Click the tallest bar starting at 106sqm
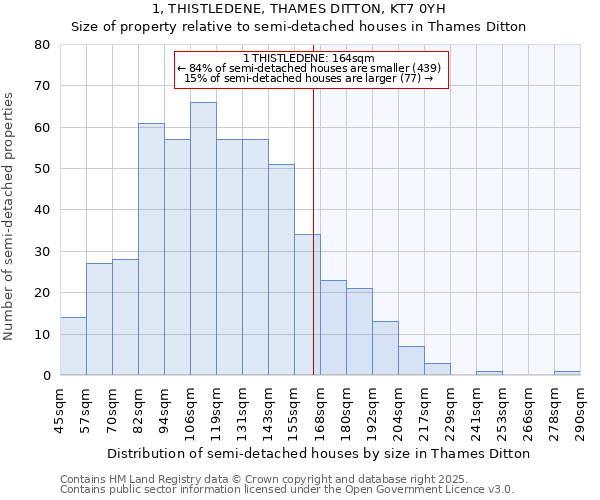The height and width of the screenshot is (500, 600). click(203, 239)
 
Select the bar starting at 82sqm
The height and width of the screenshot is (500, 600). click(151, 249)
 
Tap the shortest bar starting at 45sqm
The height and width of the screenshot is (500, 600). click(73, 346)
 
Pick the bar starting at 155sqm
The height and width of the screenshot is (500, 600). click(307, 305)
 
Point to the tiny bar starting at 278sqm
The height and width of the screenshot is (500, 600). click(567, 373)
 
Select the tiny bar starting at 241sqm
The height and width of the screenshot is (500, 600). click(489, 373)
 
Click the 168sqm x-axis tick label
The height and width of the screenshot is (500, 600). click(321, 407)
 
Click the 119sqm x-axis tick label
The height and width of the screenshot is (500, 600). click(217, 407)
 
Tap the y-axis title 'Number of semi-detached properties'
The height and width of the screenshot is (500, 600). click(10, 215)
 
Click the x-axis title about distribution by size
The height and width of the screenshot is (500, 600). click(318, 453)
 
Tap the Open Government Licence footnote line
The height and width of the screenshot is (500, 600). click(286, 490)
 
